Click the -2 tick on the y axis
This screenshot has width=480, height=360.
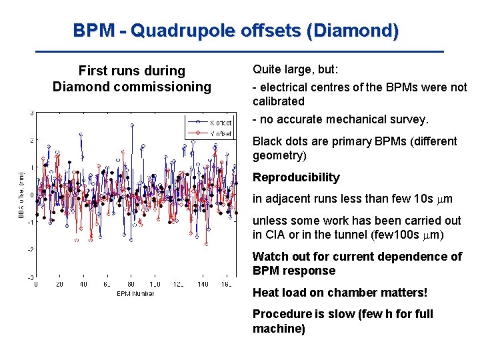point(30,249)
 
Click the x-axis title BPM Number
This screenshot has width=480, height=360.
point(135,293)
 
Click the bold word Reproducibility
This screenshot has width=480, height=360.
point(296,177)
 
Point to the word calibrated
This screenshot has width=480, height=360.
point(278,101)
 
